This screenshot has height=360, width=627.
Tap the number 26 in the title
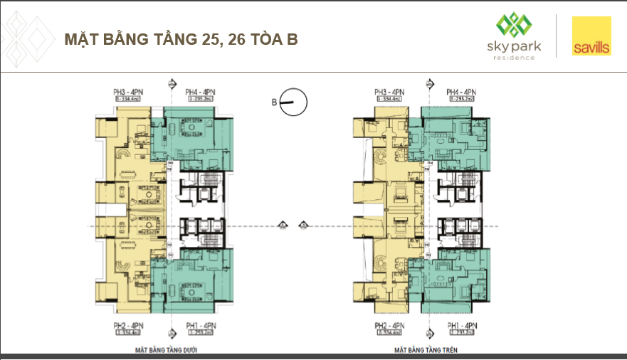[235, 40]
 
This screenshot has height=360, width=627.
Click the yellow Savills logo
[591, 36]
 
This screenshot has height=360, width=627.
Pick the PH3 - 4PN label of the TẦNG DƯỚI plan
[128, 92]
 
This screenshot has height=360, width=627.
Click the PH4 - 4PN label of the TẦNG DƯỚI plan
[200, 92]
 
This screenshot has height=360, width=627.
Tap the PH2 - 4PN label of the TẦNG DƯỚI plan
[128, 325]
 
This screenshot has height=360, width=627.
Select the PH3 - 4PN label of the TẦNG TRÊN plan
[389, 92]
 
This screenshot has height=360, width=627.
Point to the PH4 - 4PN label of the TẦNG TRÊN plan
[461, 92]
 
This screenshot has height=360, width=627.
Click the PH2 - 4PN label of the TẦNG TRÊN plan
[389, 325]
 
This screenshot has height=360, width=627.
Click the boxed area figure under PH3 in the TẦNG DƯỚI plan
[128, 100]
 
